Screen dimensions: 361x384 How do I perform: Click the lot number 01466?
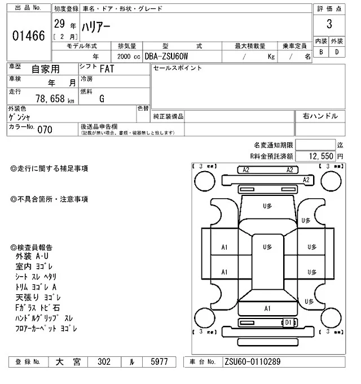click(28, 36)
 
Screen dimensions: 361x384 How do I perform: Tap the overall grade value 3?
click(328, 25)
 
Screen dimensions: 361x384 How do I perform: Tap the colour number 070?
click(45, 130)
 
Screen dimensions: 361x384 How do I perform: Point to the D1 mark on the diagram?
click(288, 322)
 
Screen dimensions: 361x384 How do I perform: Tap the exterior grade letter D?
click(337, 53)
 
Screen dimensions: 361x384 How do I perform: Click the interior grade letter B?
click(321, 53)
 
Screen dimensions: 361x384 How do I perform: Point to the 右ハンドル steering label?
click(320, 116)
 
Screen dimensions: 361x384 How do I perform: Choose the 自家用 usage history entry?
click(45, 69)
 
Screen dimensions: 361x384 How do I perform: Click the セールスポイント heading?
click(177, 68)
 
